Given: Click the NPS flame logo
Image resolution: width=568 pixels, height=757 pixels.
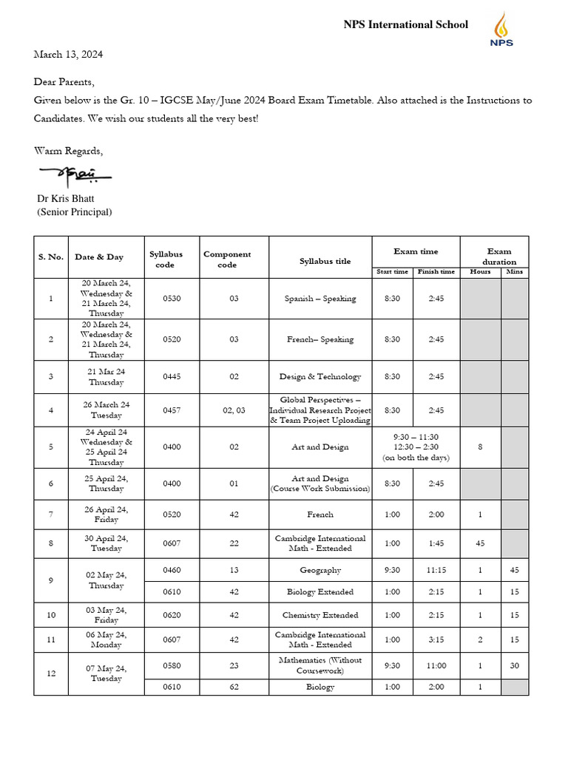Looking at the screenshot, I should (x=502, y=30).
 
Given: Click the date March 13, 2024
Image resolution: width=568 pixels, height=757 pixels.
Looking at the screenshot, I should (x=68, y=55).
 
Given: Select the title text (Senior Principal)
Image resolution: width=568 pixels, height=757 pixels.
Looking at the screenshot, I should (x=75, y=212).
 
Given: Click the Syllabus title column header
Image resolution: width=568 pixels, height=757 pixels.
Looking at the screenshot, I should (x=319, y=261).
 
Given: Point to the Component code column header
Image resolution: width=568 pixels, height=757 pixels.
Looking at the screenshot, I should (x=227, y=259).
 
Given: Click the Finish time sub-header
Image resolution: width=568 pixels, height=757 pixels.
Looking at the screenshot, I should (x=436, y=271).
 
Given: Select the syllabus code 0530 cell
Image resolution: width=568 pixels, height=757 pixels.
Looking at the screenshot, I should (x=172, y=299).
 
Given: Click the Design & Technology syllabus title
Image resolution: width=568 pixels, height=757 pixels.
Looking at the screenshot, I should (x=320, y=376).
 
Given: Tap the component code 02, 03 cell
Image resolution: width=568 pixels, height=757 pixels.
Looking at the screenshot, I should (x=234, y=410).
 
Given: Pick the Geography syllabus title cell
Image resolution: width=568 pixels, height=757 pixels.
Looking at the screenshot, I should (x=320, y=570).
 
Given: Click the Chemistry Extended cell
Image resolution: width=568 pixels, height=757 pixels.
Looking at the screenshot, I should (x=320, y=615).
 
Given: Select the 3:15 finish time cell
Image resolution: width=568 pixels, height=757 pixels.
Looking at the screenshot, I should (x=436, y=640).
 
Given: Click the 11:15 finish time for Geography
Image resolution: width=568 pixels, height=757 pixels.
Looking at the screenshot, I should (x=436, y=570).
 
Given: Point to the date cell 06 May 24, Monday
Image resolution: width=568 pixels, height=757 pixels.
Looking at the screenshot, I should (x=106, y=640).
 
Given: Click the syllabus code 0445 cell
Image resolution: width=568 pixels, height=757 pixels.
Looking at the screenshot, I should (x=172, y=376).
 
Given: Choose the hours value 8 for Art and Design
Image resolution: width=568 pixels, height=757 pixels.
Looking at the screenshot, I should (x=480, y=447).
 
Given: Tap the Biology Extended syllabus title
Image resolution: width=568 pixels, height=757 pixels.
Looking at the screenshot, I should (x=320, y=591).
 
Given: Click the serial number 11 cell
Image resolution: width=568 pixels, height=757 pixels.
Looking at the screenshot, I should (x=50, y=640).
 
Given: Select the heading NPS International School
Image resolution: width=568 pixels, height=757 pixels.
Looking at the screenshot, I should (x=405, y=24).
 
